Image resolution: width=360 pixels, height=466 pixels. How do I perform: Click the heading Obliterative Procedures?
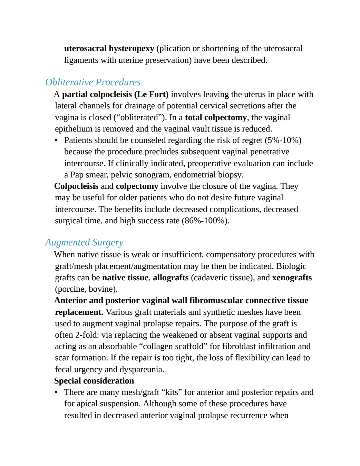[x=93, y=82]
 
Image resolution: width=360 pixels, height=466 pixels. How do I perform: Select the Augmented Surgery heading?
[x=84, y=242]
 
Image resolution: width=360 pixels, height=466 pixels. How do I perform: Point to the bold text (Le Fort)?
[x=152, y=94]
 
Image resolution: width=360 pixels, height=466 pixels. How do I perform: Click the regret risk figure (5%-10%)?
[x=283, y=140]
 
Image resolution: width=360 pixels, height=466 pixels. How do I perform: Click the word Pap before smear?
[x=77, y=175]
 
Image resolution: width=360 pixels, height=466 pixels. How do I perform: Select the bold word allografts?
[x=171, y=278]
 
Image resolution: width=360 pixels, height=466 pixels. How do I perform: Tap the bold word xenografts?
[x=292, y=278]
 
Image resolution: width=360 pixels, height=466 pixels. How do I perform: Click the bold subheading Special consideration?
[x=94, y=381]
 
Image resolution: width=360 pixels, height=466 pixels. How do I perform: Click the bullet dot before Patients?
[x=56, y=140]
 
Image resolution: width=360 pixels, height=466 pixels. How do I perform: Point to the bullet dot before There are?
[x=56, y=392]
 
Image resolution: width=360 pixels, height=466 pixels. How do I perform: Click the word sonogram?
[x=153, y=175]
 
